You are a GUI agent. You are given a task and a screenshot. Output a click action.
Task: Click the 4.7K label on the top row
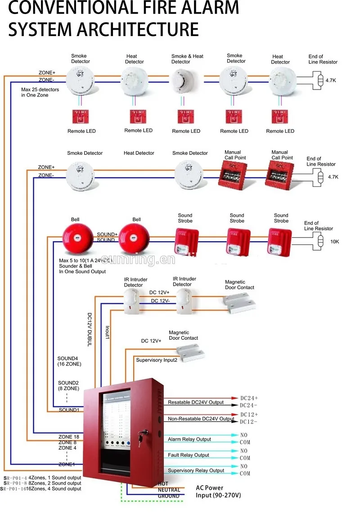click(x=331, y=81)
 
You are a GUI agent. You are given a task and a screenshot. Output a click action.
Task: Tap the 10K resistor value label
click(x=335, y=242)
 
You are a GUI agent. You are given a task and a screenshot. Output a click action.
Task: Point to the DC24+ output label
click(x=249, y=398)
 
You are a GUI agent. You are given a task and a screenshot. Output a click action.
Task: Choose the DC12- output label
click(x=249, y=422)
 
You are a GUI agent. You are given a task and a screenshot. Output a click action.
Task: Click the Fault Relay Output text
click(x=189, y=455)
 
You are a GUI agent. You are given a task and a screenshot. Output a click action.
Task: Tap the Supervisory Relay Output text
click(x=196, y=471)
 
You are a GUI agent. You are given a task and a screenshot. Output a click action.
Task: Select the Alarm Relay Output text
click(x=189, y=439)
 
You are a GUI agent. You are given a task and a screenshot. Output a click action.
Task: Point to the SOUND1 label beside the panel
click(x=69, y=410)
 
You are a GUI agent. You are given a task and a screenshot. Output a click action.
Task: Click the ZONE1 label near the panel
click(x=67, y=464)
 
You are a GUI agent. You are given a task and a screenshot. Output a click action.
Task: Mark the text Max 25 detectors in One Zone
click(x=40, y=92)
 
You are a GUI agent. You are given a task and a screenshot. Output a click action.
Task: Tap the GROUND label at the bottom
click(x=168, y=496)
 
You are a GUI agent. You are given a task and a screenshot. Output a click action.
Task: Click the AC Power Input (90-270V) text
click(x=218, y=491)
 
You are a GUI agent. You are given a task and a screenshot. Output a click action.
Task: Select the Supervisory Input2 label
click(x=157, y=360)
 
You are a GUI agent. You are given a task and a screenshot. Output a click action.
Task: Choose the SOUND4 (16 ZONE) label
click(x=69, y=361)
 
